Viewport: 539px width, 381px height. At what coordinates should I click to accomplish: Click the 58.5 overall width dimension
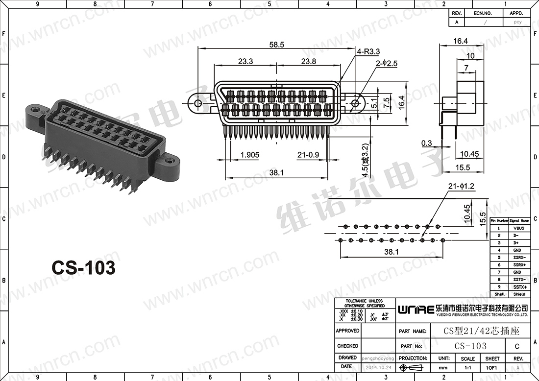(x=277, y=44)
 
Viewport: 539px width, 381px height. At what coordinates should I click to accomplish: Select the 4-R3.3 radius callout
(x=368, y=51)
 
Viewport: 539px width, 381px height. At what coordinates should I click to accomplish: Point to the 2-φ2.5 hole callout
(x=387, y=64)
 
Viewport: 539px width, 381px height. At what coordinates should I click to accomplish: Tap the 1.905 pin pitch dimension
(x=250, y=155)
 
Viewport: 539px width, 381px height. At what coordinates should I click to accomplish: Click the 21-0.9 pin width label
(x=308, y=155)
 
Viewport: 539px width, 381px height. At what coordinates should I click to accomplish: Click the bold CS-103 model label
(x=84, y=267)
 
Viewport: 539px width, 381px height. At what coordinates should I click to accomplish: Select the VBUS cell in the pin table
(x=518, y=228)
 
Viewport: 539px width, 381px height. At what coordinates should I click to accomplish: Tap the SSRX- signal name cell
(x=518, y=258)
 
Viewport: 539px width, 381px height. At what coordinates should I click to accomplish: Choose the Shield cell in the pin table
(x=518, y=294)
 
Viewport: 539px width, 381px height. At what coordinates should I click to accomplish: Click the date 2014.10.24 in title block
(x=379, y=366)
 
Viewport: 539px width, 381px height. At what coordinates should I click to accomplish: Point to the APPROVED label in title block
(x=347, y=331)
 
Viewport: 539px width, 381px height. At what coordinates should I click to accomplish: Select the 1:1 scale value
(x=467, y=367)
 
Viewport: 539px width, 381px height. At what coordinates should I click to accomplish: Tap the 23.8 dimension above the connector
(x=308, y=62)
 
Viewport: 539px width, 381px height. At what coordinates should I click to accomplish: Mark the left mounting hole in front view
(x=198, y=103)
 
